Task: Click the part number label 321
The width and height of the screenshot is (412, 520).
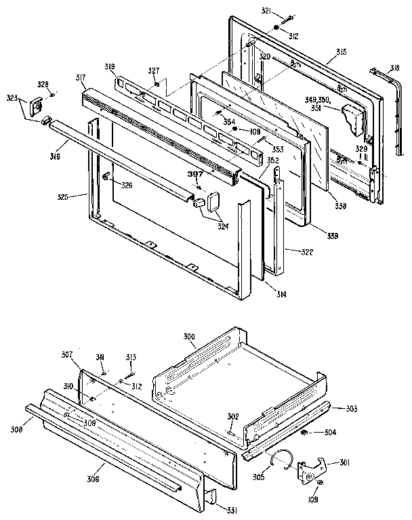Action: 267,12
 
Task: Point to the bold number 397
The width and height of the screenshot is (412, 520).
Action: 195,173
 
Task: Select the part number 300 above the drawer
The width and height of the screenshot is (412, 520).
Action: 189,337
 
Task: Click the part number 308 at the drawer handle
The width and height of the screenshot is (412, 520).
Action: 16,429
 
